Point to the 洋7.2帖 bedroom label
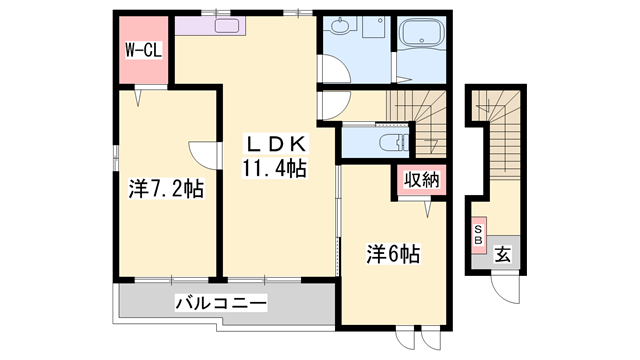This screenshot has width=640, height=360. point(166,189)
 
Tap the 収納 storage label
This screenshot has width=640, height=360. point(419,181)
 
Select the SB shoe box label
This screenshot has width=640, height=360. point(478,235)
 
